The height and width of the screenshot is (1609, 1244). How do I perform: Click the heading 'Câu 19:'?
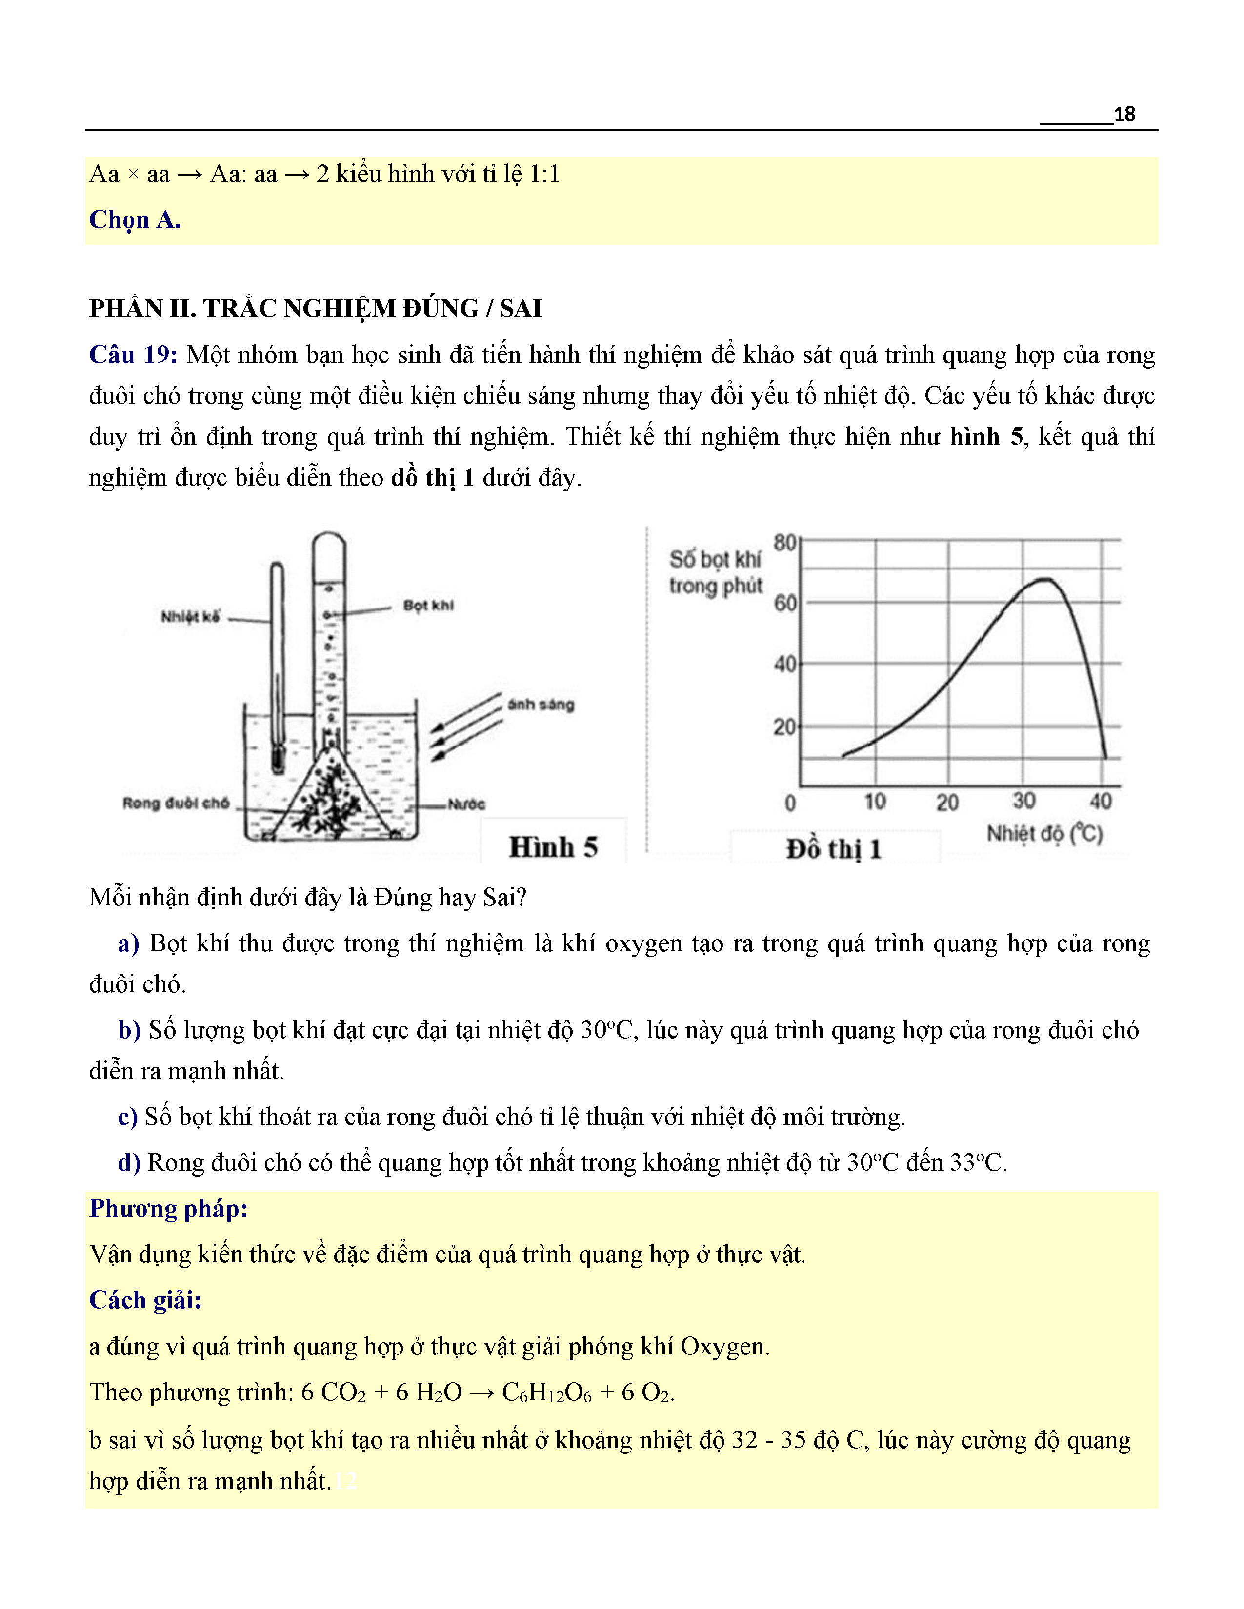coord(133,355)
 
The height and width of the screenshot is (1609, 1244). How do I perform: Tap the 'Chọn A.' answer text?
coord(135,219)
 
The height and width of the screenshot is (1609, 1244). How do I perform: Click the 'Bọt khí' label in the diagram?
coord(428,605)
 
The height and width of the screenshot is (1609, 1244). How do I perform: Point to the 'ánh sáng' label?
coord(540,705)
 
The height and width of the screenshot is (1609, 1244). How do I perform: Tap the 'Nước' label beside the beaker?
coord(466,804)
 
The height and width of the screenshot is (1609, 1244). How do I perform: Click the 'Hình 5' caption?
coord(553,847)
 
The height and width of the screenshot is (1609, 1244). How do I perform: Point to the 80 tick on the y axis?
coord(785,543)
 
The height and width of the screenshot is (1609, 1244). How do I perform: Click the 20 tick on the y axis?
coord(785,727)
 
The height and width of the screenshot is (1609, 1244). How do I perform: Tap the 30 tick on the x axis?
coord(1023,800)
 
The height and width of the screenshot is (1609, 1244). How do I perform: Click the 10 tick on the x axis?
coord(875,801)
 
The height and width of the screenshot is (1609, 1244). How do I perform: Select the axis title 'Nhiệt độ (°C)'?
coord(1044,833)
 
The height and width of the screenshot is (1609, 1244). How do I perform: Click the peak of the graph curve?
coord(1045,580)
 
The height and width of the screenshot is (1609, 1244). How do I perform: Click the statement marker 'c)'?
coord(127,1117)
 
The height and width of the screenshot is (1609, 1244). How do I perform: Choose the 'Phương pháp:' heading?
coord(168,1208)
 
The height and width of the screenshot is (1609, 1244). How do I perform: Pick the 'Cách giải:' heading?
coord(145,1299)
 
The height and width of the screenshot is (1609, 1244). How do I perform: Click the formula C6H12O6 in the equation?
coord(546,1393)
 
